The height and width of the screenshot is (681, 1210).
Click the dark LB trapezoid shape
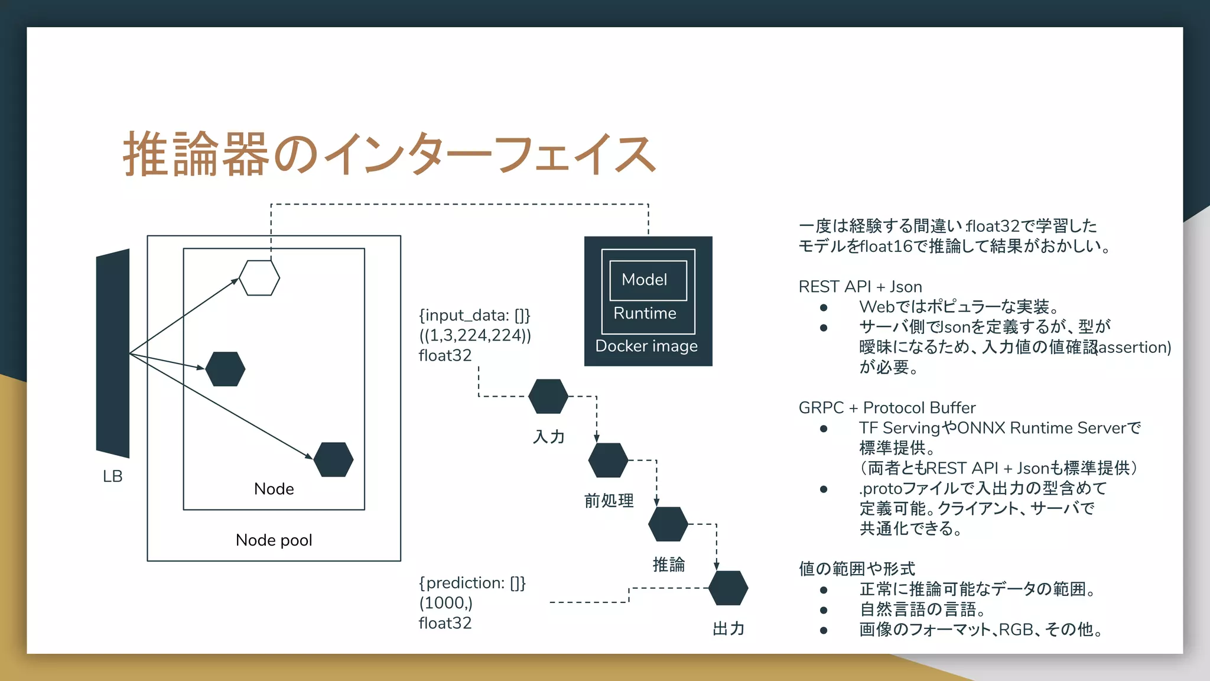113,353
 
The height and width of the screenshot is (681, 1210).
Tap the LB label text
112,476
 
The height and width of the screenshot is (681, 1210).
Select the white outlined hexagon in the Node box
259,278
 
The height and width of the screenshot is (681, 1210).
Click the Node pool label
274,540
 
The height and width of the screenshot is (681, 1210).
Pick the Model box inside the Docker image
648,280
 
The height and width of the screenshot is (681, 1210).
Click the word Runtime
645,313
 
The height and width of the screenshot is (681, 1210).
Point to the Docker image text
646,346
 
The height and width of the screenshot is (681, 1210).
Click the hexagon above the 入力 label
548,396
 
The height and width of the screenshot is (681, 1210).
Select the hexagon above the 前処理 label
608,460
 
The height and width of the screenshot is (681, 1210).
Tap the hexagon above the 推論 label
668,524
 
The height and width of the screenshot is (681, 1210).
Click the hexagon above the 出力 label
728,588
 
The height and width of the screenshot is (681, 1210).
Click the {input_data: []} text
474,315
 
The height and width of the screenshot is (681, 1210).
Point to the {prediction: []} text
472,583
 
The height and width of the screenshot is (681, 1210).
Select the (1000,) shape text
446,603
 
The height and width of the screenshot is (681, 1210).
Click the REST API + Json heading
860,287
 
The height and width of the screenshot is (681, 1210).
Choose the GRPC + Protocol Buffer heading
887,408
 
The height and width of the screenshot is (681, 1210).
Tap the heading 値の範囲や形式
857,569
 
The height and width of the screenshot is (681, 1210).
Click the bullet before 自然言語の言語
824,609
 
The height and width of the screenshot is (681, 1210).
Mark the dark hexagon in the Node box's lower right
333,459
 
